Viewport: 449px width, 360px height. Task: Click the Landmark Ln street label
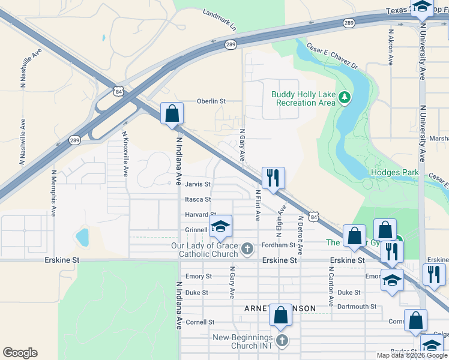coord(220,20)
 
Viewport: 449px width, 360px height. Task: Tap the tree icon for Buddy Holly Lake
coord(344,97)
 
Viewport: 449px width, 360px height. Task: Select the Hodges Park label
coord(394,172)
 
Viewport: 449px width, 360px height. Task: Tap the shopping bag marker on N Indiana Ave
coord(172,113)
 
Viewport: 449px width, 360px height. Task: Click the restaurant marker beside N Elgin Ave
coord(273,178)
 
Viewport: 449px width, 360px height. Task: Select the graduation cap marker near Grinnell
coord(220,226)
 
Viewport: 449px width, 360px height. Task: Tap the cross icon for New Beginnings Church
coord(283,340)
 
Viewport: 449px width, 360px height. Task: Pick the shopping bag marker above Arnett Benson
coord(280,316)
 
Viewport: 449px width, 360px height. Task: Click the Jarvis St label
coord(198,184)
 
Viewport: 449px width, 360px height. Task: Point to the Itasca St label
coord(198,199)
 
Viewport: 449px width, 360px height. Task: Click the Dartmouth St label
coord(356,306)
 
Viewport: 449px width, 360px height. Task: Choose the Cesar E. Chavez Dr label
coord(332,56)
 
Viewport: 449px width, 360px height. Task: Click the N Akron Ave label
coord(391,47)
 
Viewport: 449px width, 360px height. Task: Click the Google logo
coord(20,352)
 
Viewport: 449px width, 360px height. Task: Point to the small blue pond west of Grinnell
coord(82,236)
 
